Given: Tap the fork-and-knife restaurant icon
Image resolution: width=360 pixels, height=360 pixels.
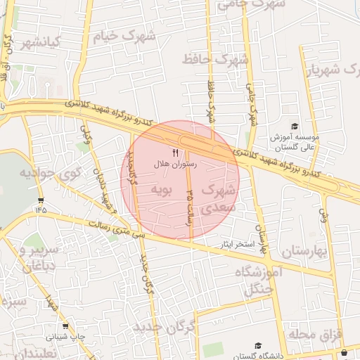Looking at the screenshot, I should pos(176,153).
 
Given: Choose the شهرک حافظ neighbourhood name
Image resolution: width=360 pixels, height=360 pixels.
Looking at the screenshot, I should pos(216,60).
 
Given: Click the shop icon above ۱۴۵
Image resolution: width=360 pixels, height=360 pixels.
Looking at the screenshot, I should pos(40,199).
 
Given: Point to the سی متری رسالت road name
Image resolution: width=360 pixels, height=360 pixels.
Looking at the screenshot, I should pos(120,231).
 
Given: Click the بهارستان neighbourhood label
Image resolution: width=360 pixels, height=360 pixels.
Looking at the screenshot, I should pos(305,251).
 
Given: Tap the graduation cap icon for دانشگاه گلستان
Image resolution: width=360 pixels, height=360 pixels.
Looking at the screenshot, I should pos(258,346).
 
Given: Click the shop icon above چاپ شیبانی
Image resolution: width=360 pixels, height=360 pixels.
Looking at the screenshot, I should pos(66,326).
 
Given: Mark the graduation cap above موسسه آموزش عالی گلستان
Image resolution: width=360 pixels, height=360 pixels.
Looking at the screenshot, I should pos(294,125).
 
